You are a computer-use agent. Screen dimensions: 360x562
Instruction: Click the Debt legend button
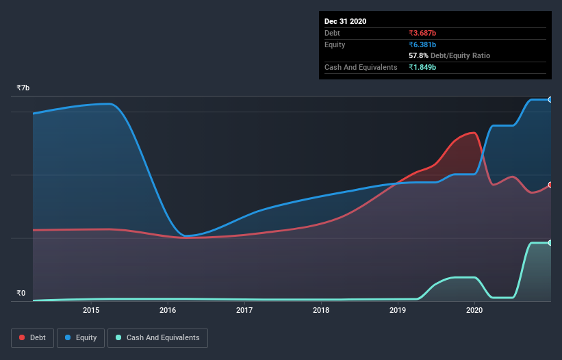pyautogui.click(x=32, y=337)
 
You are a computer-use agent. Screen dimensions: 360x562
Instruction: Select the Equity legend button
pyautogui.click(x=81, y=337)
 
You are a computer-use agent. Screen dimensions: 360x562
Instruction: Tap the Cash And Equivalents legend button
pyautogui.click(x=157, y=337)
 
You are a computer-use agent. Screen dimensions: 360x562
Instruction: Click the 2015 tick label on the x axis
pyautogui.click(x=92, y=311)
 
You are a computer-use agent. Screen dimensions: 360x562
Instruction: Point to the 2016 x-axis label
pyautogui.click(x=168, y=311)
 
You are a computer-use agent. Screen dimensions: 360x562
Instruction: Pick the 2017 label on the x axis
pyautogui.click(x=244, y=311)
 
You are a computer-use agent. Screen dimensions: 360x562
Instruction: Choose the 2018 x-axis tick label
pyautogui.click(x=321, y=311)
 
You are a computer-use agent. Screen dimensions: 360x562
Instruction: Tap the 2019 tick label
pyautogui.click(x=398, y=311)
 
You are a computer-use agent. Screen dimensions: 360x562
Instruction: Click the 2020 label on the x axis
pyautogui.click(x=474, y=311)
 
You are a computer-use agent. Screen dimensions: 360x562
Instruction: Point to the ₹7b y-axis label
pyautogui.click(x=23, y=88)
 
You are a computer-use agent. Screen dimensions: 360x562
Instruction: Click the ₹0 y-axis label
pyautogui.click(x=21, y=294)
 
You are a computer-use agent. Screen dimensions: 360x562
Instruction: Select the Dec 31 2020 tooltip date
pyautogui.click(x=345, y=21)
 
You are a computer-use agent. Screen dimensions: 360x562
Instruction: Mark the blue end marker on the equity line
pyautogui.click(x=550, y=100)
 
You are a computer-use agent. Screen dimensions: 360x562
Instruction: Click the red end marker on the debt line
pyautogui.click(x=550, y=185)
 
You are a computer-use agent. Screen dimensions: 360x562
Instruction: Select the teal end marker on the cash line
pyautogui.click(x=550, y=243)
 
